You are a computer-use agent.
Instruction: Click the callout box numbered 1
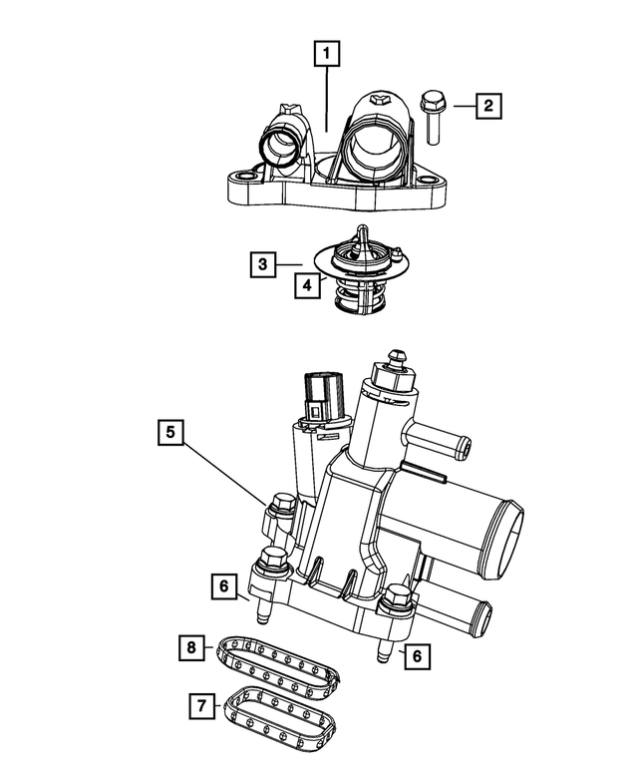pyautogui.click(x=328, y=51)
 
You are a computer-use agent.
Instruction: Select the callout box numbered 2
pyautogui.click(x=488, y=104)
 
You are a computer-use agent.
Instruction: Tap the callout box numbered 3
pyautogui.click(x=262, y=264)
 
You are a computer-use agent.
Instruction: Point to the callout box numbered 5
pyautogui.click(x=170, y=433)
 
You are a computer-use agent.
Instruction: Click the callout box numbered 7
pyautogui.click(x=201, y=706)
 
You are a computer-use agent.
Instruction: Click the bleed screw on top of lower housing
pyautogui.click(x=395, y=358)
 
